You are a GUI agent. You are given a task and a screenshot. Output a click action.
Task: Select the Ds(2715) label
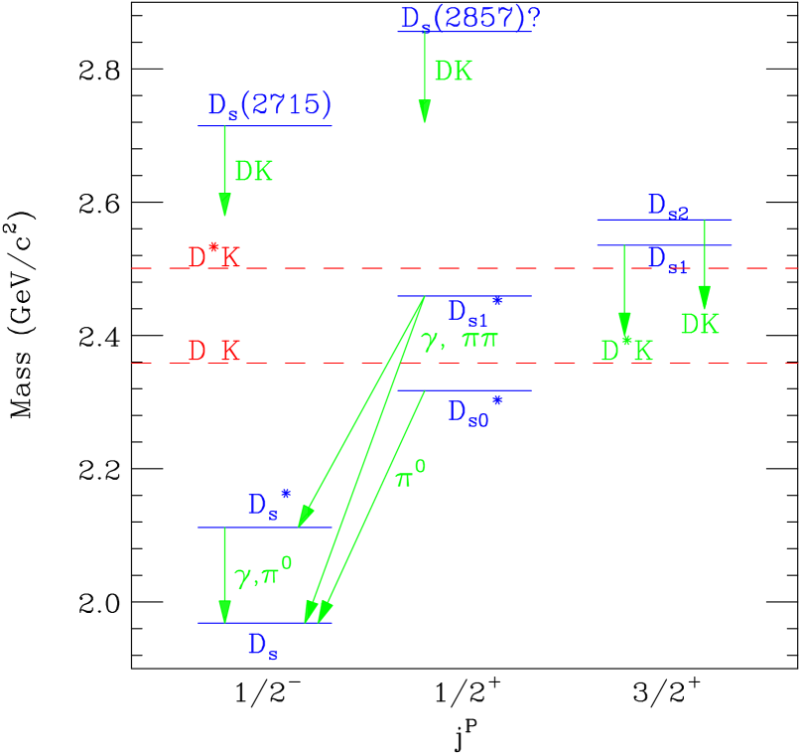[x=269, y=105]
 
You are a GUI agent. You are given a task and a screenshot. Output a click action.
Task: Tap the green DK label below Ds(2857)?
[x=454, y=72]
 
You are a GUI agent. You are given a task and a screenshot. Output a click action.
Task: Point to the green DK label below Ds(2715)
[x=253, y=172]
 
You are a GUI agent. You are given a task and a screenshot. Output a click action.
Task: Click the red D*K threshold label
[x=214, y=257]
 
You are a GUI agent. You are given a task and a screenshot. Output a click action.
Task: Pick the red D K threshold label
[x=214, y=351]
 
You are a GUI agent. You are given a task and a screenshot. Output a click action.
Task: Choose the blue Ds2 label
[x=668, y=206]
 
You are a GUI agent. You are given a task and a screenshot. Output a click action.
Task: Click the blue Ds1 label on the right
[x=668, y=259]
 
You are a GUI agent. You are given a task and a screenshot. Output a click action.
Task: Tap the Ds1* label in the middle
[x=474, y=310]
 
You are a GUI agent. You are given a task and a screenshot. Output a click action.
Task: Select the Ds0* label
[x=474, y=410]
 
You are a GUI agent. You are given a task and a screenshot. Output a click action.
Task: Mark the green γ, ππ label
[x=459, y=341]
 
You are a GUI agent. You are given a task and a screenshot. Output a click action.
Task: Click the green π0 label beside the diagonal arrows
[x=411, y=476]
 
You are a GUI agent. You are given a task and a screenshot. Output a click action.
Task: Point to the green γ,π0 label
[x=263, y=573]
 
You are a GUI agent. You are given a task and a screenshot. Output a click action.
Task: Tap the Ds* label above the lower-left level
[x=268, y=504]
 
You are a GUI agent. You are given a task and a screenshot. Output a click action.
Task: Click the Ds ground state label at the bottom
[x=262, y=646]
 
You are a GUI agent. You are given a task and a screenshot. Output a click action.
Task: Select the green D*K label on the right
[x=626, y=351]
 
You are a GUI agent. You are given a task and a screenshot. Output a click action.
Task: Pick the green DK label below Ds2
[x=700, y=324]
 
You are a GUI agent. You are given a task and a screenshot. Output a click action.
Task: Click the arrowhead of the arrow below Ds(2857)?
[x=425, y=111]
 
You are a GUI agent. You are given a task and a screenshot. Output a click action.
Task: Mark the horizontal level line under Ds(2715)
[x=265, y=126]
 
